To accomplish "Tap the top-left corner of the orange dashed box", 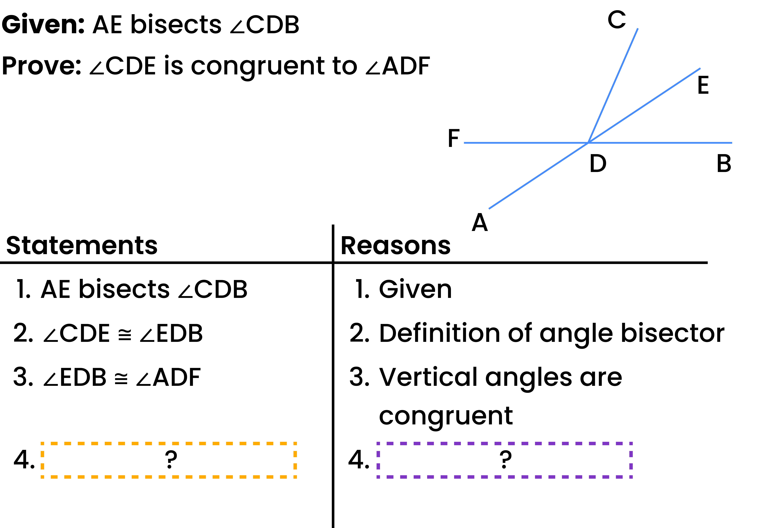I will (x=42, y=443).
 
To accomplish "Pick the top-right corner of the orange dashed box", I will (x=295, y=443).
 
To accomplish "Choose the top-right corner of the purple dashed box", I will (x=631, y=443).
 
